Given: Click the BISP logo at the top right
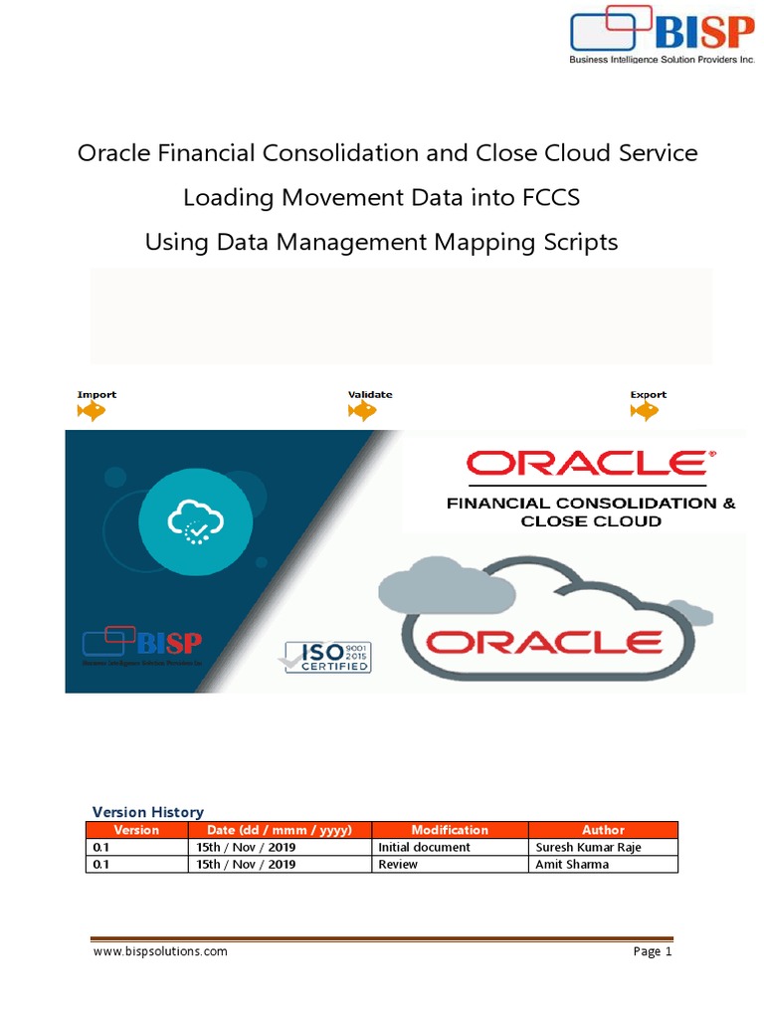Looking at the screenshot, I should tap(662, 35).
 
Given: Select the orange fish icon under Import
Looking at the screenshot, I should tap(92, 411).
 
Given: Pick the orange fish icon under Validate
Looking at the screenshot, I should tap(362, 411).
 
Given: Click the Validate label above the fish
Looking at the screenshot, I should tap(370, 395).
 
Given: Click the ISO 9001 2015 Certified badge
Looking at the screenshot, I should tap(328, 657).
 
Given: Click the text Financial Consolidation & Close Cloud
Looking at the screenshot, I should tap(591, 511).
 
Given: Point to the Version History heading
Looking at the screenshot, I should tap(147, 812).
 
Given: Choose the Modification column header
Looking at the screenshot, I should tap(450, 830).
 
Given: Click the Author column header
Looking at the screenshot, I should tap(603, 830).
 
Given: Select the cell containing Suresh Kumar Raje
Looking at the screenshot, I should tap(588, 847).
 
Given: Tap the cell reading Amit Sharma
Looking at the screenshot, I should tap(572, 865).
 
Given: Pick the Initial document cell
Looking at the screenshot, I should tap(424, 847).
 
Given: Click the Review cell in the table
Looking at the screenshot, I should tap(398, 865).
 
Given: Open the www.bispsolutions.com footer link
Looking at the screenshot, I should tap(160, 951).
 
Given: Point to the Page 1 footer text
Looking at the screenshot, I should tap(653, 951).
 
